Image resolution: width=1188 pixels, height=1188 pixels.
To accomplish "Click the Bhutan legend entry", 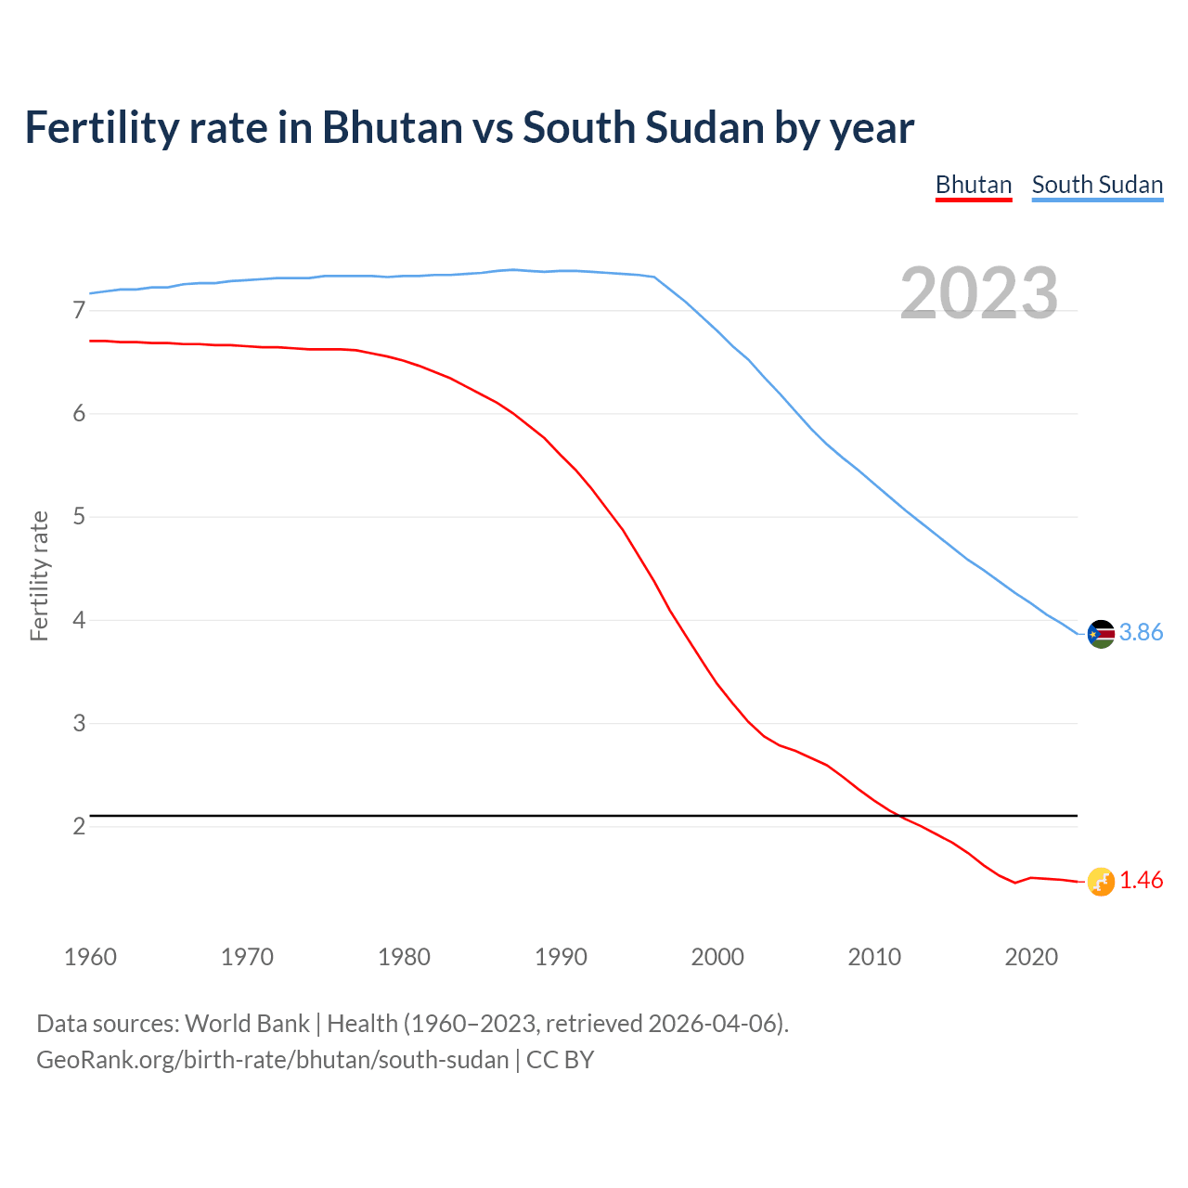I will pos(973,185).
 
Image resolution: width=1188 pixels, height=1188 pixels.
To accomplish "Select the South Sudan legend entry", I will pos(1097,185).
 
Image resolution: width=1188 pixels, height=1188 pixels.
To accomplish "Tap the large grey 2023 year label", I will pos(979,293).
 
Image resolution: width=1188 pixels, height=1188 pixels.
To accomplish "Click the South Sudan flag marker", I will pos(1101,634).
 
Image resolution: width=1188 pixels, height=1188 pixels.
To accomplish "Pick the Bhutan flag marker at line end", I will pos(1101,882).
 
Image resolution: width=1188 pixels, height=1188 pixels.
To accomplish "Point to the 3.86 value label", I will pos(1141,633).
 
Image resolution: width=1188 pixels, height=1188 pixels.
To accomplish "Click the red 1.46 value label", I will pos(1141,881).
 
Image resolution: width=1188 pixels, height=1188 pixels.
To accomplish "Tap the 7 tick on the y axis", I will pos(79,311).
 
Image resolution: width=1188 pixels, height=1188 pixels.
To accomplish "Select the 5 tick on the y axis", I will pos(79,517).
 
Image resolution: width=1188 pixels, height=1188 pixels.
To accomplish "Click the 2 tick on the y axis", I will pos(79,826).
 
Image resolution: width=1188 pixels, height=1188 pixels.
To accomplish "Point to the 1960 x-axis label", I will pos(90,957).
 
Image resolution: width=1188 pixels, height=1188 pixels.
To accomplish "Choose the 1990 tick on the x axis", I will pos(561,957).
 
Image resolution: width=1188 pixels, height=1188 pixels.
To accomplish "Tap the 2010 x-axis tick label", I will pos(874,957).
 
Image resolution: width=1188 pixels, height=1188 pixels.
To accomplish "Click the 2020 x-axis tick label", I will pos(1031,957).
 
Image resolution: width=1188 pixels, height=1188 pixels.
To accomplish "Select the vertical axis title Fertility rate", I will pos(39,575).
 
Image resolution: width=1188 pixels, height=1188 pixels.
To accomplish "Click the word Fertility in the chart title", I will pos(101,127).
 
